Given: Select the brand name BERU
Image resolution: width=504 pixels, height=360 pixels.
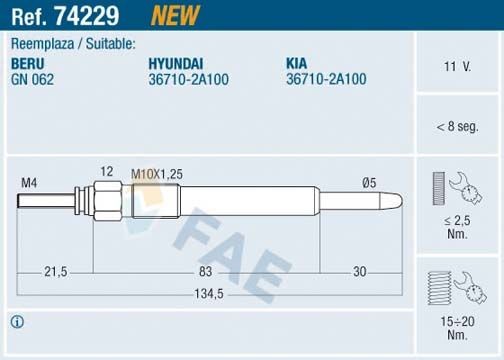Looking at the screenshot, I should (x=26, y=63).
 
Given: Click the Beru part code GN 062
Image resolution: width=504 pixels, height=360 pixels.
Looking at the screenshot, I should (x=31, y=79).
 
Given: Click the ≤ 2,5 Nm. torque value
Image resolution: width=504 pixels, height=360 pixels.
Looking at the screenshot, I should (x=456, y=226).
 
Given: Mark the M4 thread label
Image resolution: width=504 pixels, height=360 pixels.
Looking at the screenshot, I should (x=29, y=182).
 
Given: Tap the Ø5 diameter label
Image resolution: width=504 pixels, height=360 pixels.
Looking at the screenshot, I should (x=367, y=182).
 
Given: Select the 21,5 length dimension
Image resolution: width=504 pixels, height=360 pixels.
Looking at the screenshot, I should (x=55, y=272).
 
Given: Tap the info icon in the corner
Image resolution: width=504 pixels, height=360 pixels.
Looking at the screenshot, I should (x=17, y=321).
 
